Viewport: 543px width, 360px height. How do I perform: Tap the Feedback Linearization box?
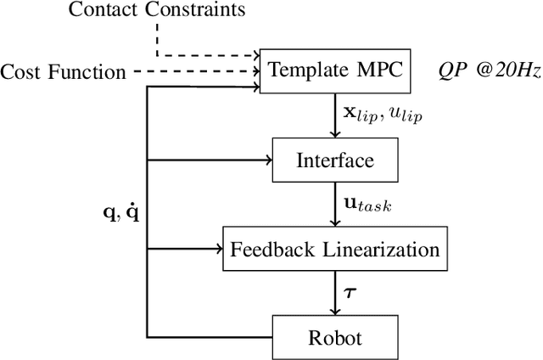tap(334, 250)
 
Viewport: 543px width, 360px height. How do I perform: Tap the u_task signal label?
tap(366, 205)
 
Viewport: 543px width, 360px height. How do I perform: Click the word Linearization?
tap(381, 250)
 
